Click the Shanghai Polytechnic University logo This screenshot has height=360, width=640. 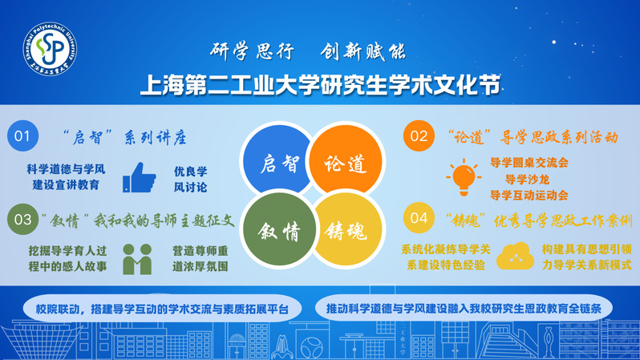[50, 49]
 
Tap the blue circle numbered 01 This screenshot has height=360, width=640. [22, 136]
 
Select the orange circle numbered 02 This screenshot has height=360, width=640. [419, 136]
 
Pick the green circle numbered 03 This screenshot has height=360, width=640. [22, 219]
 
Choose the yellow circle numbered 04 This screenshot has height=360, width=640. [419, 217]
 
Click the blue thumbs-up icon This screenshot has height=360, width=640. [140, 177]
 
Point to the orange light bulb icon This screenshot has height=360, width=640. [464, 177]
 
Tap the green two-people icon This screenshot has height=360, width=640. [137, 259]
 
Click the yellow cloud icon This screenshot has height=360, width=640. [515, 257]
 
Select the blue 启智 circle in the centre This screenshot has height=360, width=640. [277, 160]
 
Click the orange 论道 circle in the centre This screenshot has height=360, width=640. [346, 160]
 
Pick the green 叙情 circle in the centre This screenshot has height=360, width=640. [279, 229]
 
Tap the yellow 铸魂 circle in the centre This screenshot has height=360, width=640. [347, 230]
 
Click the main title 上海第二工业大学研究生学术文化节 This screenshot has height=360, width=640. [321, 85]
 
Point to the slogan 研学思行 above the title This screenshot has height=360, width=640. [252, 51]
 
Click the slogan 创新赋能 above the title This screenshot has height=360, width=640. [363, 51]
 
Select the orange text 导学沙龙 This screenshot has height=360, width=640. [527, 179]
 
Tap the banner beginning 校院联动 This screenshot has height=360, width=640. [162, 309]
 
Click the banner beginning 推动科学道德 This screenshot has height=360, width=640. [464, 308]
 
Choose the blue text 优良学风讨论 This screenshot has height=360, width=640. [191, 179]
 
